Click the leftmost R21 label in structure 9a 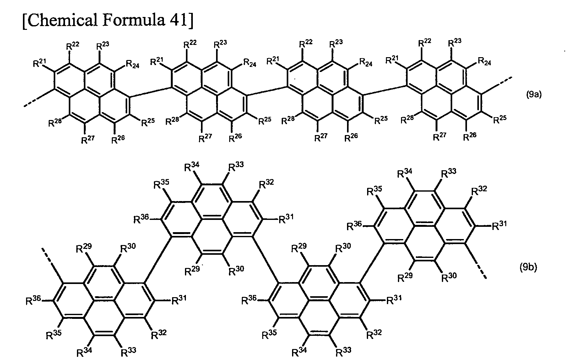click(40, 63)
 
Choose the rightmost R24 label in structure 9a click(485, 61)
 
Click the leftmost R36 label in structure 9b click(33, 301)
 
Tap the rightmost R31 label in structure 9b click(499, 225)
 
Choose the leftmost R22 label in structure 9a click(73, 46)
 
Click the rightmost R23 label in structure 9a click(455, 43)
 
